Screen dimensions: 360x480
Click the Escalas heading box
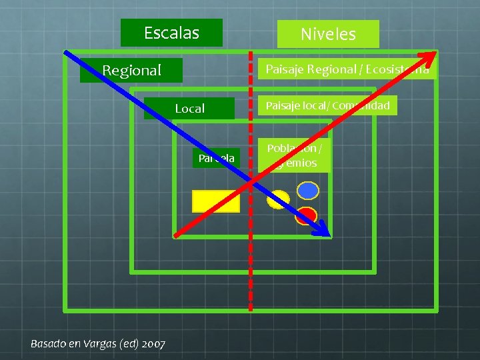(171, 33)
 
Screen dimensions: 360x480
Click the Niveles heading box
(328, 34)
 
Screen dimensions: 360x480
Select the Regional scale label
(131, 70)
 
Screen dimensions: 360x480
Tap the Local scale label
(189, 108)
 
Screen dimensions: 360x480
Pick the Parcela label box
(215, 158)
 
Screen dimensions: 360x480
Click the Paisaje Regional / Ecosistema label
(347, 69)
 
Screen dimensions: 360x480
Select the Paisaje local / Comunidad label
(327, 105)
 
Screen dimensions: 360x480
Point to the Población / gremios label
(294, 155)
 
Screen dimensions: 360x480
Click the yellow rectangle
(215, 201)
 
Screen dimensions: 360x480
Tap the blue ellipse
(307, 191)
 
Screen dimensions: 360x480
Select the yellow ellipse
(278, 199)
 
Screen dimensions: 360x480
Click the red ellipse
(306, 215)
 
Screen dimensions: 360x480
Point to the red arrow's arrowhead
(433, 54)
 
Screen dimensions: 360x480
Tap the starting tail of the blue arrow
(65, 51)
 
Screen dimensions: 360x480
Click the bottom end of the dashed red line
(251, 309)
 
